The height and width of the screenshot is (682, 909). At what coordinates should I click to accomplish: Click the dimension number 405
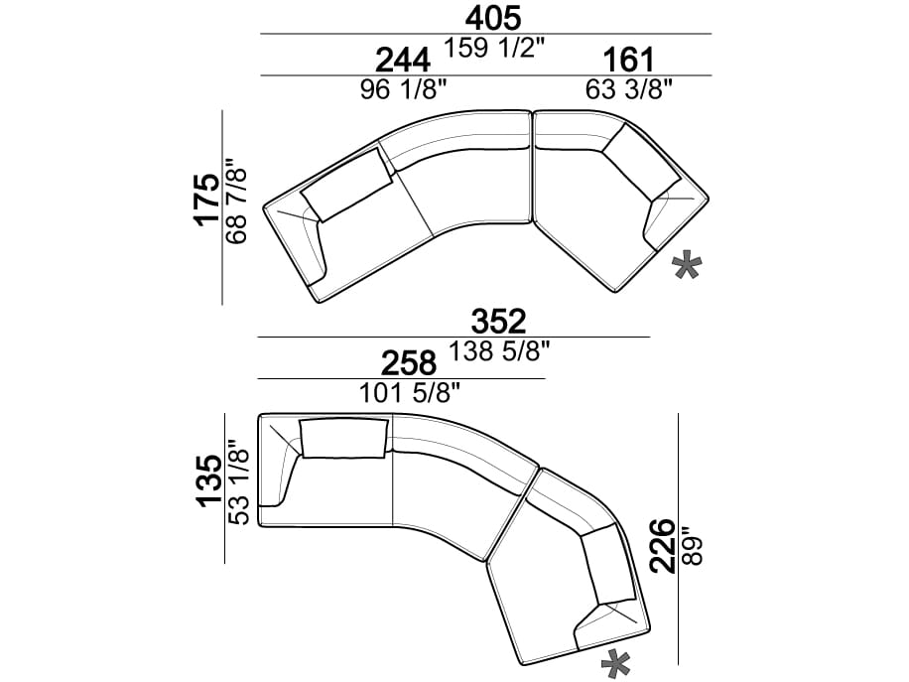(493, 18)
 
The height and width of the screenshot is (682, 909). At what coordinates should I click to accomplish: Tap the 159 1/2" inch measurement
(494, 48)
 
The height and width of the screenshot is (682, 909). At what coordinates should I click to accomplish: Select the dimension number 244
(404, 60)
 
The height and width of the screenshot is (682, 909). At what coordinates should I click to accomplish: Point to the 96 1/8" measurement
(404, 90)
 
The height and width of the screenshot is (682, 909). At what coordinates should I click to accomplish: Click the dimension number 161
(628, 60)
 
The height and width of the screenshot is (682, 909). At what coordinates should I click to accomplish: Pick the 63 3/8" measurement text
(628, 90)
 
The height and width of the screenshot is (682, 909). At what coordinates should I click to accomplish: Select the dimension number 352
(498, 322)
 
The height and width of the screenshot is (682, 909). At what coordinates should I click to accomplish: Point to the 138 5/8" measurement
(499, 351)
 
